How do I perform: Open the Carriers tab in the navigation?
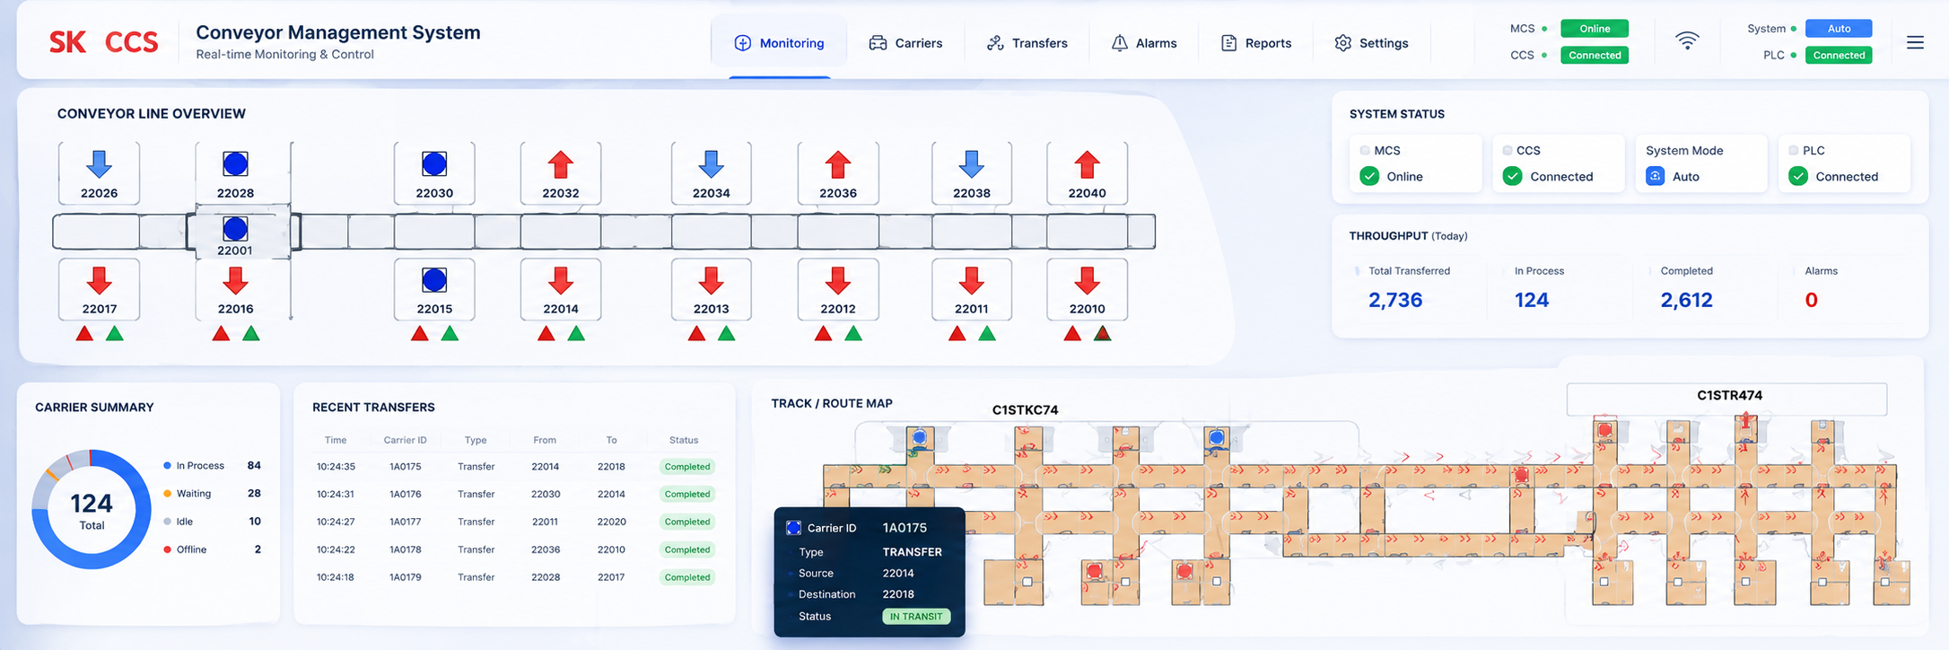coord(905,43)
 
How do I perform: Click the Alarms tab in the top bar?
coord(1144,43)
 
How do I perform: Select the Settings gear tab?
coord(1371,43)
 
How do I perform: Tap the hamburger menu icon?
coord(1915,42)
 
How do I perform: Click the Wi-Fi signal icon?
coord(1687,40)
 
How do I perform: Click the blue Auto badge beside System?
coord(1839,29)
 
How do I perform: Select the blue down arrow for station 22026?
coord(99,164)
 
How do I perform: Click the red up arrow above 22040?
coord(1087,164)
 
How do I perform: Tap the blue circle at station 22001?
coord(235,228)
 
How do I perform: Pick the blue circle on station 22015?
coord(434,280)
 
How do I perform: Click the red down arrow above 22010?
coord(1087,281)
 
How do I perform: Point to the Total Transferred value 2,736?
coord(1395,300)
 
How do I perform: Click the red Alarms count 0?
coord(1812,300)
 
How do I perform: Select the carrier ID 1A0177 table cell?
coord(406,522)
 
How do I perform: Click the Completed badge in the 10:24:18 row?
coord(687,577)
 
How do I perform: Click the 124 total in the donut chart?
coord(92,503)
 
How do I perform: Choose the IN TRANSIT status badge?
coord(916,617)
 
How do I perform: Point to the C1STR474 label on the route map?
coord(1729,395)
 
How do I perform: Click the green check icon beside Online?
coord(1369,176)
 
